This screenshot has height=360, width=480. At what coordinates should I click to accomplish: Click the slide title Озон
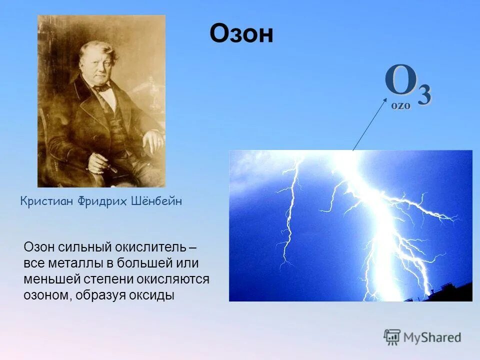[241, 34]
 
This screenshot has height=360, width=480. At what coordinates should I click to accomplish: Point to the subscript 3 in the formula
[423, 94]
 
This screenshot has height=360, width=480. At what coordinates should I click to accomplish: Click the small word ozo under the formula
[400, 105]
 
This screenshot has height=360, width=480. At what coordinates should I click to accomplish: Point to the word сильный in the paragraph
[78, 247]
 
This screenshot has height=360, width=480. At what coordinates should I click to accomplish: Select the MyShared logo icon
[392, 337]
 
